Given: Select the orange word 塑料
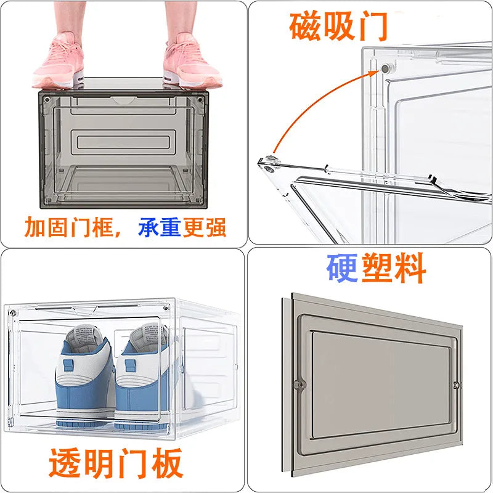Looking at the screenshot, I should pos(394,269).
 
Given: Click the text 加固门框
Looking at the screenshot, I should pos(70,227).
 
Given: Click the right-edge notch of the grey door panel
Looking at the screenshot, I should pos(455,386).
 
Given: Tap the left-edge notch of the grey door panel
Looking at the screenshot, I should pos(300,384).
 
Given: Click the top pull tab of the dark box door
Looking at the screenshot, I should pos(123,99).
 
